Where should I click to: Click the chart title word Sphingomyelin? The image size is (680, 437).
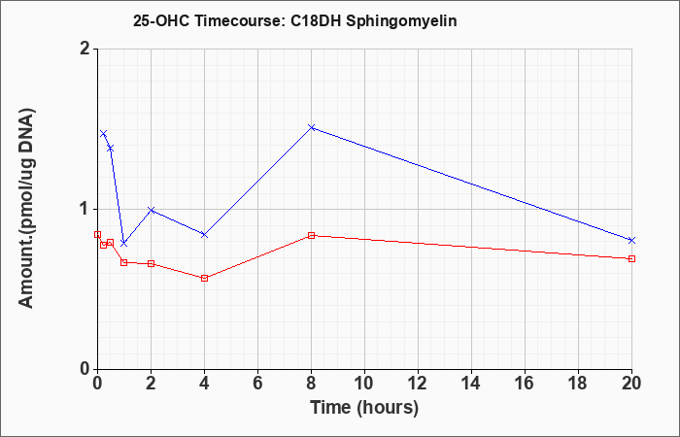point(401,21)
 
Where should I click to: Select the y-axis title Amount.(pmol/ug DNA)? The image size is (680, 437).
point(27,209)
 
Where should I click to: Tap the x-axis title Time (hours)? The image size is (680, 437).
point(364,408)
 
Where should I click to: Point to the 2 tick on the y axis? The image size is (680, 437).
point(85,49)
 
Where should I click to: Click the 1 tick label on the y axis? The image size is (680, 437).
point(85,210)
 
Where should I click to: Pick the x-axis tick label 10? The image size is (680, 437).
point(364,384)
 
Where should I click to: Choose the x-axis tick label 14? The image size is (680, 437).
point(471,384)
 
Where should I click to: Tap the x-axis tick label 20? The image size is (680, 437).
point(631,384)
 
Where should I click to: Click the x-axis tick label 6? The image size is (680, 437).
point(257,384)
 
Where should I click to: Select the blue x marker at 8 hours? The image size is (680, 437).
point(312,127)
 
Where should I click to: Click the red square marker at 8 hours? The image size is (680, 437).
point(312,235)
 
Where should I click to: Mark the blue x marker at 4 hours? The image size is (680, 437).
point(204,235)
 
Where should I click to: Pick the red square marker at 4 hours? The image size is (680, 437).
point(204,278)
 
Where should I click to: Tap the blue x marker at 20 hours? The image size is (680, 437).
point(631,240)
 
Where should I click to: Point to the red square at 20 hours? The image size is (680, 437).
point(631,259)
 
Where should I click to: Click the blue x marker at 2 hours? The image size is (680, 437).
point(151,210)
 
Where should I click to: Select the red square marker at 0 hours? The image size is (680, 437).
point(97,235)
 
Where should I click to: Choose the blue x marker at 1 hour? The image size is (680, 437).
point(124,243)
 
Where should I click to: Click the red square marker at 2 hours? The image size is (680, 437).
point(151,263)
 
